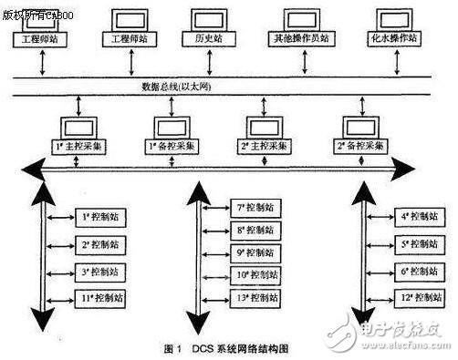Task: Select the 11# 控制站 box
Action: tap(96, 298)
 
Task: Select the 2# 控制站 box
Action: tap(96, 245)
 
